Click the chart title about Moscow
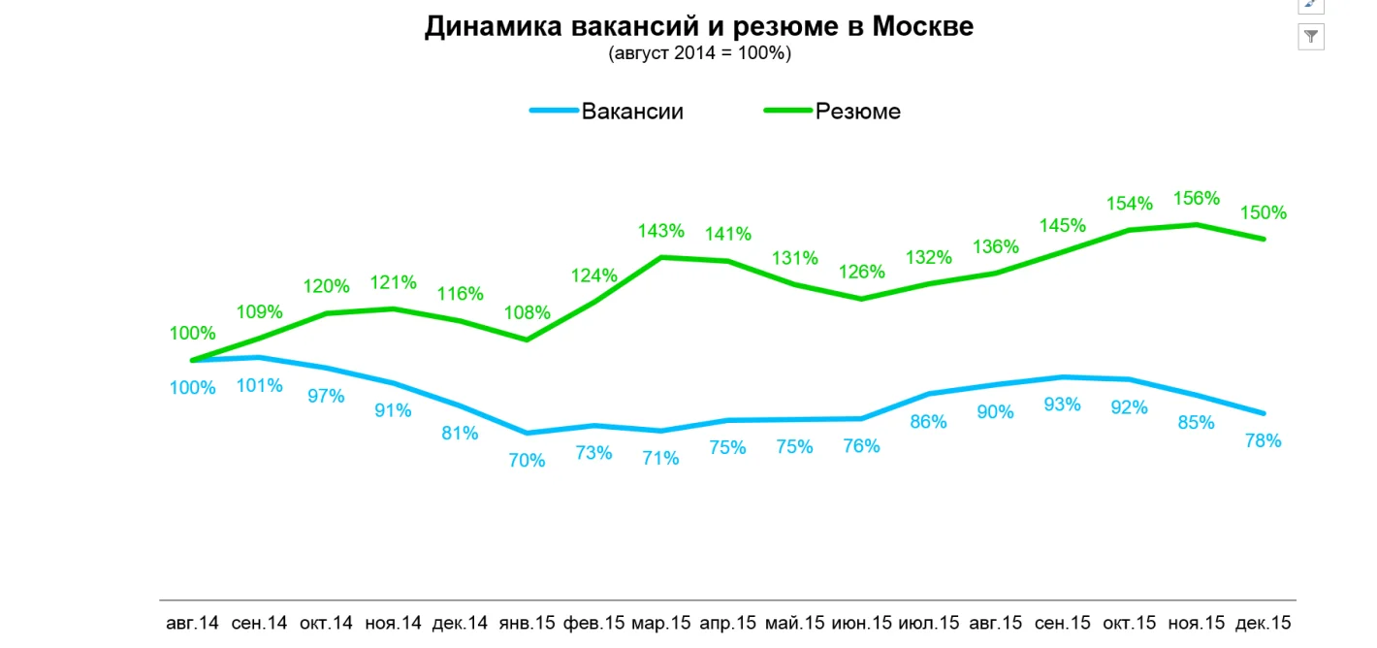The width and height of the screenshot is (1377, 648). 698,27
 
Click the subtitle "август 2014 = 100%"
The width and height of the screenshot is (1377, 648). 699,53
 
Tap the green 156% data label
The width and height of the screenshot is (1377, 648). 1196,198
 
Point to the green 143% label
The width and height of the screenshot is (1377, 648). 661,231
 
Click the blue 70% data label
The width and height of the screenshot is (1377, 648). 528,460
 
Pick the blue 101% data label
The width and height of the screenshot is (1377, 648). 259,385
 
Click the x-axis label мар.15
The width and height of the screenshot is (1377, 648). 661,623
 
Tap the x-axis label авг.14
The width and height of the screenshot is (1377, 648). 193,623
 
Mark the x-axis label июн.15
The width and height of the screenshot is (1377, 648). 862,623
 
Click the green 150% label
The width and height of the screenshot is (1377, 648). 1264,212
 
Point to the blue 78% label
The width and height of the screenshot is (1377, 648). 1264,440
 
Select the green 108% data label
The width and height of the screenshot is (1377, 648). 528,313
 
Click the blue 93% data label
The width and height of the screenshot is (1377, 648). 1062,405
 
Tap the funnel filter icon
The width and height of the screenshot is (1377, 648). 1311,37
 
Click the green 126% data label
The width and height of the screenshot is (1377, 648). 862,272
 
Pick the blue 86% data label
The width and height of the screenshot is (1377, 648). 929,421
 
